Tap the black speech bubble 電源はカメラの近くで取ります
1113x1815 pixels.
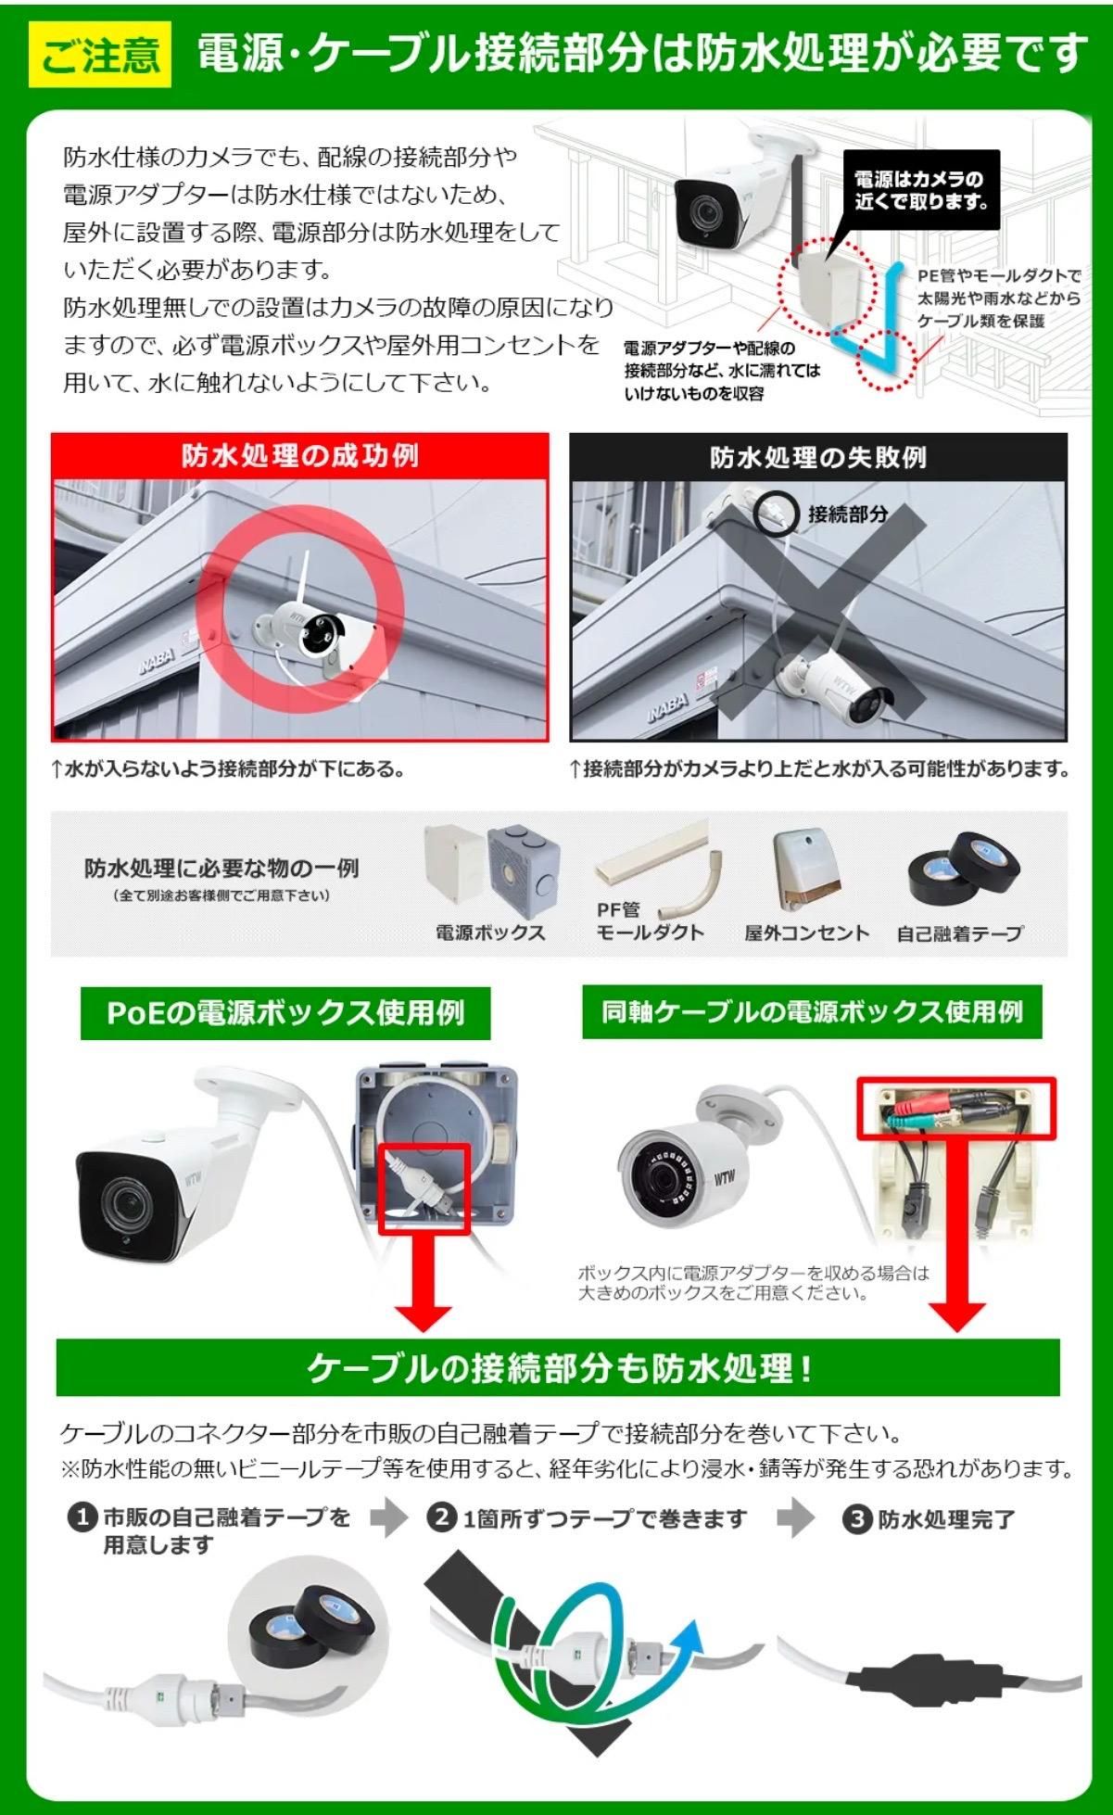(921, 189)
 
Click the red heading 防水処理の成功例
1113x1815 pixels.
(300, 455)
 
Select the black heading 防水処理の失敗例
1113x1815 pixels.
(818, 457)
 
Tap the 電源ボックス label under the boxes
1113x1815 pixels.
(491, 933)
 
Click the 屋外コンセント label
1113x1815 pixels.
(806, 933)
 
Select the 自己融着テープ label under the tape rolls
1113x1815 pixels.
(960, 933)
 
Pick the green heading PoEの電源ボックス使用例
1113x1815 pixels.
(285, 1012)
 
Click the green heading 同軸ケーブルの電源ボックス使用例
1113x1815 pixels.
(812, 1010)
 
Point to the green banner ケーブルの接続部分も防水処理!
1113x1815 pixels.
(558, 1367)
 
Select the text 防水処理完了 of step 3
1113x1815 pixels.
(946, 1519)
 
